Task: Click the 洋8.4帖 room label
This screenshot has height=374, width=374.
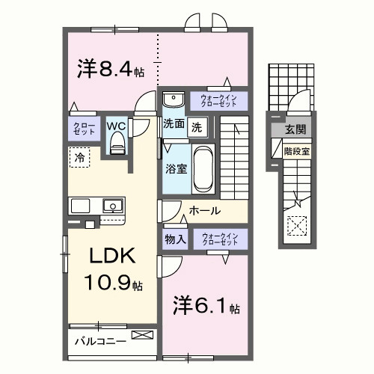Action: click(x=110, y=70)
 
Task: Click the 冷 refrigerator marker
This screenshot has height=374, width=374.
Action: click(x=79, y=157)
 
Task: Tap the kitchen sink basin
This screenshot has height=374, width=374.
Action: click(x=113, y=204)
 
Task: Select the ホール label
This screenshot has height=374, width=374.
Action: click(x=204, y=211)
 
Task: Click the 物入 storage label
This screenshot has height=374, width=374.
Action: click(x=176, y=239)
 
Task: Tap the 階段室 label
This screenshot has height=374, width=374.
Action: click(x=295, y=150)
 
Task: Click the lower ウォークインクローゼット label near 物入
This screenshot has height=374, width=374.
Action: click(x=219, y=239)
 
